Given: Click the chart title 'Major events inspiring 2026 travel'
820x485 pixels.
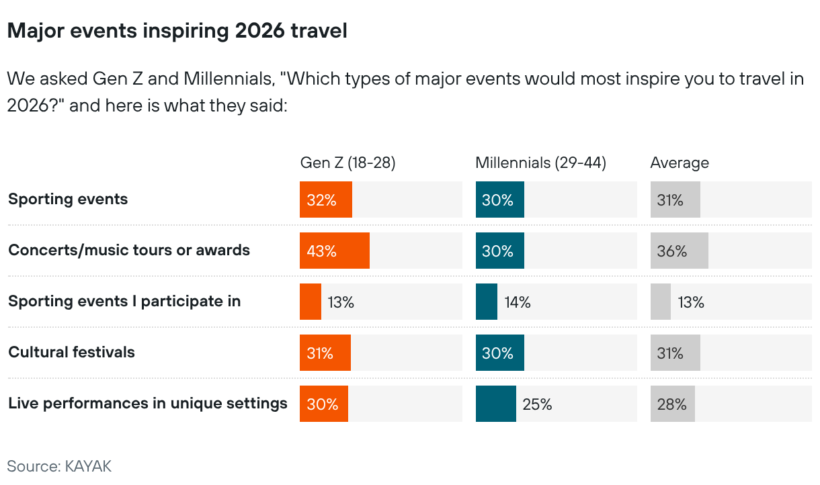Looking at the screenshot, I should (x=177, y=31).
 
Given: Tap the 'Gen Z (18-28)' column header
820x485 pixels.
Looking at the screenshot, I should (x=347, y=163).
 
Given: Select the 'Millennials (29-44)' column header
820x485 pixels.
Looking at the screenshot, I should (x=541, y=163).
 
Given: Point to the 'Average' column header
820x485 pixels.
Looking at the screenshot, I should (x=680, y=163).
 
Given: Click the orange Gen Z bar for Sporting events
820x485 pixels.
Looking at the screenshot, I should (x=326, y=200).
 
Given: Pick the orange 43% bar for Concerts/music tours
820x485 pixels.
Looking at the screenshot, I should (x=335, y=251).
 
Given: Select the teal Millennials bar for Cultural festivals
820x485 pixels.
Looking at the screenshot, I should (x=499, y=353).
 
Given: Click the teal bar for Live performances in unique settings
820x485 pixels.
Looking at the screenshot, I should (x=495, y=404).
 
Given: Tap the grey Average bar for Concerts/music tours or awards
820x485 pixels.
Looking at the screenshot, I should (x=679, y=251).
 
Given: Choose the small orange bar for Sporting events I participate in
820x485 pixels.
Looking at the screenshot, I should (x=311, y=302).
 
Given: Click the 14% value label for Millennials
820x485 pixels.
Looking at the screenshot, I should (x=518, y=302).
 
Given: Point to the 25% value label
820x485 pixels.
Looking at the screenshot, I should (x=538, y=404).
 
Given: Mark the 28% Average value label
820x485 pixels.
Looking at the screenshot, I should (x=671, y=404).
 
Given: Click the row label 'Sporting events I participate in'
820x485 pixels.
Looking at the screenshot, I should (x=124, y=301).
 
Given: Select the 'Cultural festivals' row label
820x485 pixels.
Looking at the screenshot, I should (x=71, y=352).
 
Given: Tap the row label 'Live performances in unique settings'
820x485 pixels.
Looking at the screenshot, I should (x=148, y=403).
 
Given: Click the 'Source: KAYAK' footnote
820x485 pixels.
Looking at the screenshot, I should (x=59, y=466).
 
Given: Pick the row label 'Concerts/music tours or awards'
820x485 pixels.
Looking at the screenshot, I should (x=129, y=250).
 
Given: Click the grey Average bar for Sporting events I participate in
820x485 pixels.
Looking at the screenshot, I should (x=660, y=302).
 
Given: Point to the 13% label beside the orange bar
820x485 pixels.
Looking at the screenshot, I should (x=341, y=302).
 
